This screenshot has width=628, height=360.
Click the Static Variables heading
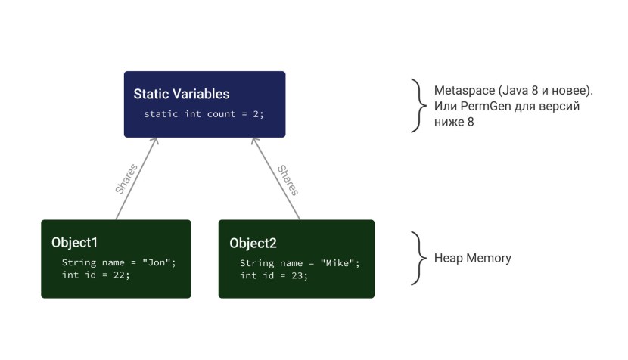(x=182, y=95)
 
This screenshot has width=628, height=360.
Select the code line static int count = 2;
(x=204, y=114)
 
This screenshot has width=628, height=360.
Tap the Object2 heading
(x=253, y=243)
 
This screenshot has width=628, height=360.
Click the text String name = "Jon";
(x=119, y=262)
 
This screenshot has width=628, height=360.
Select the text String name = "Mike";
(x=300, y=262)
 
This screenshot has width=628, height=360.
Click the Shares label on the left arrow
(x=126, y=178)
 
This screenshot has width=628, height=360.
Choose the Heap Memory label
(x=472, y=258)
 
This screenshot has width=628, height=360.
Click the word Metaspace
(x=463, y=90)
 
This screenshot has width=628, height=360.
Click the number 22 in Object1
(x=120, y=275)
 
